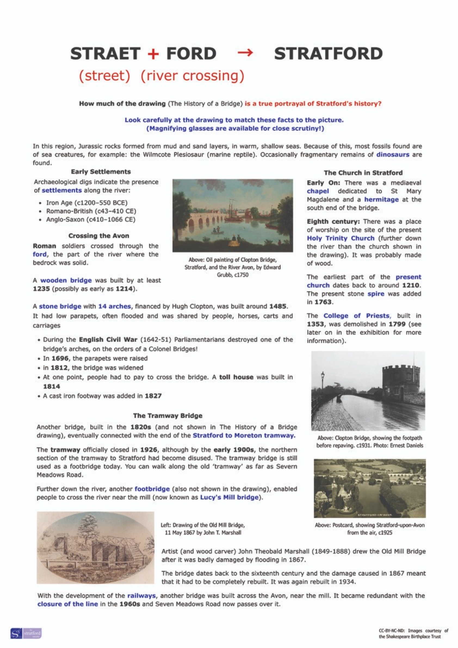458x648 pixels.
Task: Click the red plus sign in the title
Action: pyautogui.click(x=153, y=54)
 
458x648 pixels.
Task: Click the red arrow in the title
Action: pyautogui.click(x=245, y=52)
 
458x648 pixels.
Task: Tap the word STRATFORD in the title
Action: pyautogui.click(x=328, y=54)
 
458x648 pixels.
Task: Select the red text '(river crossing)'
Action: pyautogui.click(x=192, y=76)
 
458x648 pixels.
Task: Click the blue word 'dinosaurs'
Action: pyautogui.click(x=392, y=154)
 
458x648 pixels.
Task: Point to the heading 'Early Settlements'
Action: pyautogui.click(x=101, y=172)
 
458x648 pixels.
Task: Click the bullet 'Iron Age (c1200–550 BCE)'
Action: pyautogui.click(x=87, y=203)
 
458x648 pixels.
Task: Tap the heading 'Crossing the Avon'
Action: pyautogui.click(x=99, y=236)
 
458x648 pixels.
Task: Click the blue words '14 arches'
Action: pyautogui.click(x=114, y=306)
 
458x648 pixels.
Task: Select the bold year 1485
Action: pyautogui.click(x=278, y=306)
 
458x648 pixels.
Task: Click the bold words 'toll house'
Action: pyautogui.click(x=236, y=377)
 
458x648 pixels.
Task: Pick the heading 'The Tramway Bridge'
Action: pyautogui.click(x=168, y=416)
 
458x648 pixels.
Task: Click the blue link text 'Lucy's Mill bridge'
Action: pyautogui.click(x=229, y=497)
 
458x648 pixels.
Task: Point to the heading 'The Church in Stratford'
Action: pyautogui.click(x=363, y=173)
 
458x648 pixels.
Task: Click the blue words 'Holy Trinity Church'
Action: pyautogui.click(x=341, y=238)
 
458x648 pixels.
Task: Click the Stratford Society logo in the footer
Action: pyautogui.click(x=26, y=633)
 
